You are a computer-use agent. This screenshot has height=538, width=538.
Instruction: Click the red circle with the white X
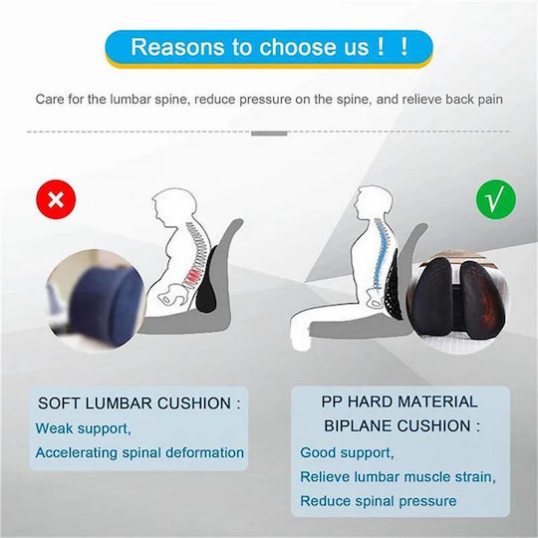tap(56, 199)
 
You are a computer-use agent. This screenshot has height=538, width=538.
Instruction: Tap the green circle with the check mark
tap(496, 200)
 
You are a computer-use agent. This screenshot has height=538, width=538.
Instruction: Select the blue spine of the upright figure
tap(380, 256)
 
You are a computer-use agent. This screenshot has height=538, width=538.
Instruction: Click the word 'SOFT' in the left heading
tap(59, 403)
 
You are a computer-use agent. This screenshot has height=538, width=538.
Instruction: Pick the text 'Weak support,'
tap(83, 428)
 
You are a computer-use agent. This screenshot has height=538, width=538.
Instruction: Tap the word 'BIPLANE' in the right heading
tap(358, 426)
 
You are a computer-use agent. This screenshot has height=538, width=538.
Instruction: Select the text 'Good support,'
tap(347, 453)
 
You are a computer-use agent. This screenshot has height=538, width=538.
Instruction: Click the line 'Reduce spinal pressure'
tap(379, 501)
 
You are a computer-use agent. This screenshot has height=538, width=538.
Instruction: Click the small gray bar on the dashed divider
tap(269, 134)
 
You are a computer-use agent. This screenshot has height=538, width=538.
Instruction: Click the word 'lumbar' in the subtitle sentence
tap(131, 100)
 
